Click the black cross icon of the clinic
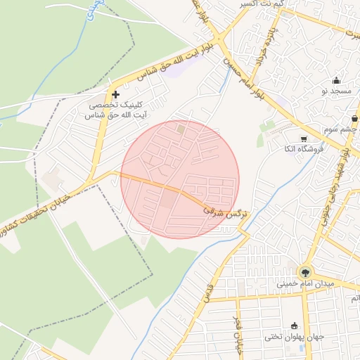[116, 95]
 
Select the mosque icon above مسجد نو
[337, 80]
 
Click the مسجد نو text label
[336, 92]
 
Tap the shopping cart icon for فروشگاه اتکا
[303, 139]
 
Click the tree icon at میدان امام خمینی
[304, 272]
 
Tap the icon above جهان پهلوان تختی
[294, 326]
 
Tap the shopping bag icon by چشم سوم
[354, 119]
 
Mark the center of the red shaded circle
[180, 179]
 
